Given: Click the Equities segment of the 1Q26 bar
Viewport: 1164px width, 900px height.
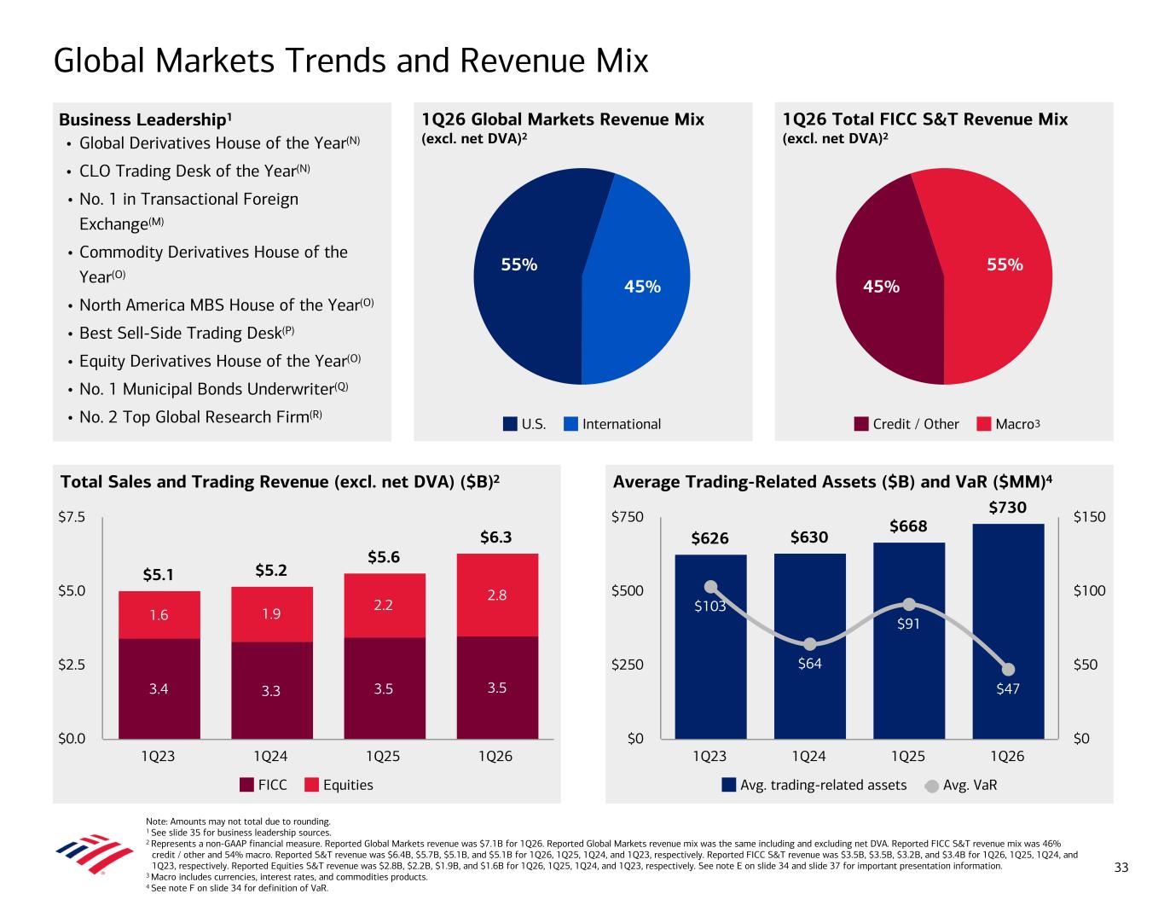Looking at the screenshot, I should (x=497, y=595).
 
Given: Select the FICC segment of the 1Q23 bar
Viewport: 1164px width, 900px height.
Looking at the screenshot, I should (x=159, y=688).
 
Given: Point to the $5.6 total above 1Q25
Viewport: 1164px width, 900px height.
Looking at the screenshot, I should (x=385, y=557).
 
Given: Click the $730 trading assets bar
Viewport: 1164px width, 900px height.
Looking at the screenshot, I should (x=1008, y=631).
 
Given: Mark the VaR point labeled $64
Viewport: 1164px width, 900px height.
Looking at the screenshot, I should (x=810, y=644).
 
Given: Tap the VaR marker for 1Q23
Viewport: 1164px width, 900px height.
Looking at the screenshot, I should (x=711, y=586).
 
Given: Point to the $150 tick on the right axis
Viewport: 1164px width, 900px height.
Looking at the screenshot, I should (x=1090, y=517).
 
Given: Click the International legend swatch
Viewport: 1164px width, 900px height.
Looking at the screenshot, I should (x=571, y=424).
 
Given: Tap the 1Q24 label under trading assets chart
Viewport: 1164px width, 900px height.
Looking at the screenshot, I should (x=809, y=756).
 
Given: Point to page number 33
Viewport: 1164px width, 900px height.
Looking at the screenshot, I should (x=1121, y=868).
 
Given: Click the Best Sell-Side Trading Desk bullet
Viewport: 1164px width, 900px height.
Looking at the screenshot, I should (x=187, y=333).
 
